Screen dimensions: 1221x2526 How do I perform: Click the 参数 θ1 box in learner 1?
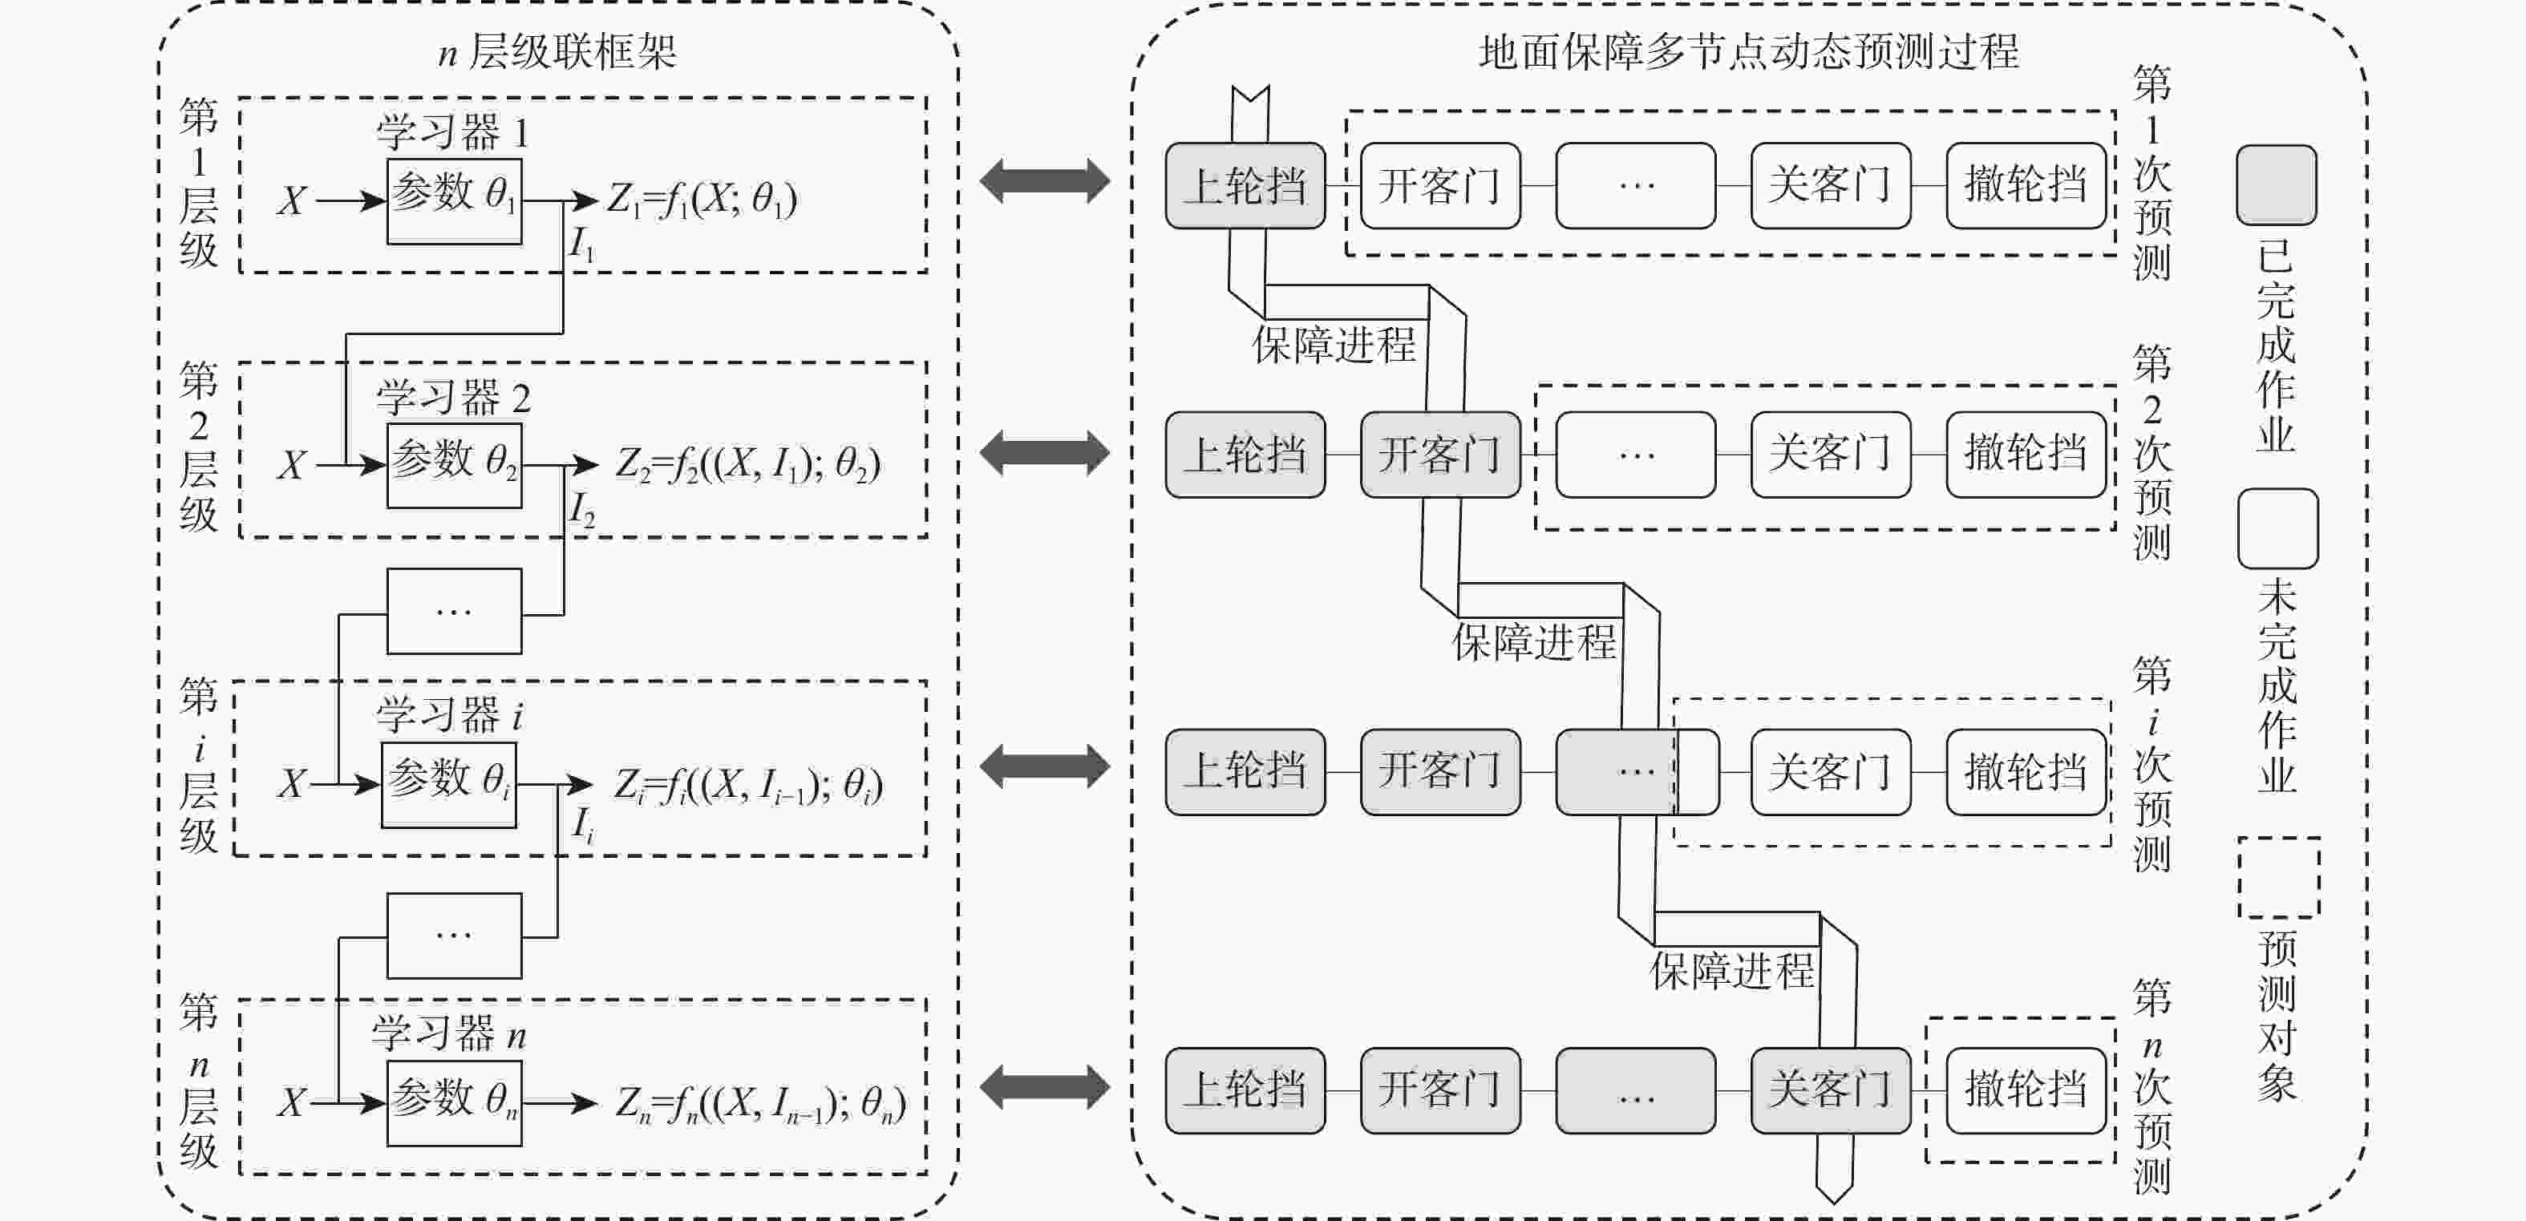pyautogui.click(x=454, y=201)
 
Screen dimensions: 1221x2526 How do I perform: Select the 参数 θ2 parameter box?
pyautogui.click(x=454, y=465)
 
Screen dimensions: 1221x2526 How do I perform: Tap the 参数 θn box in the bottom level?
pyautogui.click(x=454, y=1102)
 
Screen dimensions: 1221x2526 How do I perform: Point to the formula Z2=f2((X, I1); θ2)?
pyautogui.click(x=747, y=464)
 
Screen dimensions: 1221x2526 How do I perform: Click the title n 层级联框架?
pyautogui.click(x=557, y=51)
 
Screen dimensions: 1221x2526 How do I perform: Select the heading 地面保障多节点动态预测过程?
pyautogui.click(x=1748, y=51)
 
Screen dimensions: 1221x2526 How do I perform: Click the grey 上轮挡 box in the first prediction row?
pyautogui.click(x=1245, y=185)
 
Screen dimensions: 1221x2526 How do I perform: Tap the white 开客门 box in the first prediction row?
pyautogui.click(x=1439, y=185)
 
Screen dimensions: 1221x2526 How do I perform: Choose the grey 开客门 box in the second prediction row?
pyautogui.click(x=1439, y=454)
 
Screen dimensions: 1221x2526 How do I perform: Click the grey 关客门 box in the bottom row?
pyautogui.click(x=1830, y=1090)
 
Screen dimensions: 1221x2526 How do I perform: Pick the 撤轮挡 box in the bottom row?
pyautogui.click(x=2026, y=1090)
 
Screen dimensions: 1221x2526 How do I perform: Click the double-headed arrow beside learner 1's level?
pyautogui.click(x=1044, y=181)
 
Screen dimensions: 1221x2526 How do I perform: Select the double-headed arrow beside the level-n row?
pyautogui.click(x=1044, y=1086)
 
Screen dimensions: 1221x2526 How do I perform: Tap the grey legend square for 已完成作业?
pyautogui.click(x=2276, y=185)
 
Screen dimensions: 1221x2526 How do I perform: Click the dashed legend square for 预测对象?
pyautogui.click(x=2278, y=877)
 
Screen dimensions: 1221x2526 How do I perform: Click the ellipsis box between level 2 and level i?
pyautogui.click(x=454, y=611)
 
